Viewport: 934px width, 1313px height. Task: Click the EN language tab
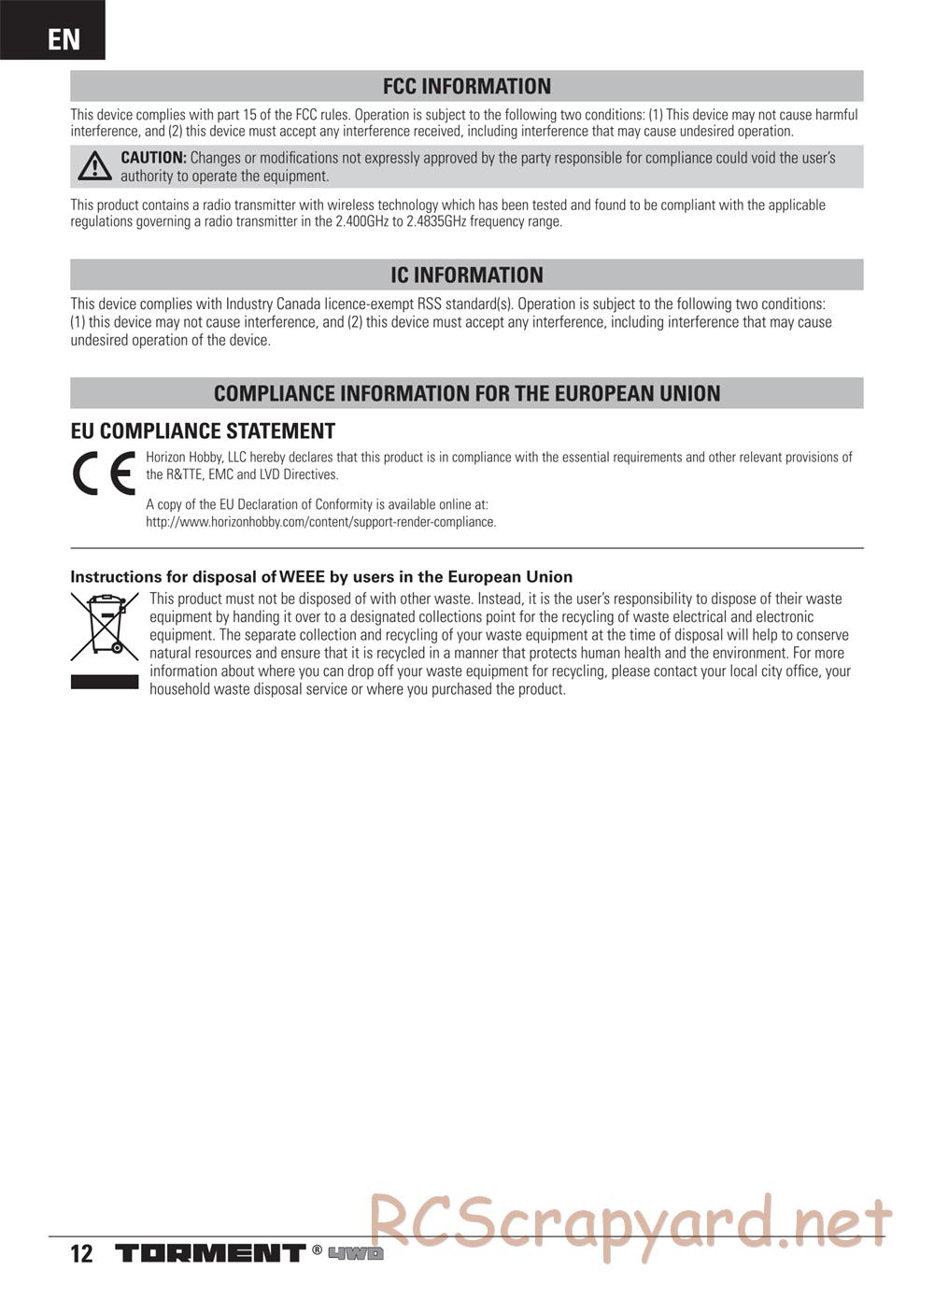pos(63,38)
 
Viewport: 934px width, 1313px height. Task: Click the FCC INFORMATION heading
pos(466,87)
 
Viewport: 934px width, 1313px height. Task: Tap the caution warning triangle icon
pos(94,167)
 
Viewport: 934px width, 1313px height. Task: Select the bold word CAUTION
pos(153,159)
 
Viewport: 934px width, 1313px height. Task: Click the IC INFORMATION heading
pos(466,275)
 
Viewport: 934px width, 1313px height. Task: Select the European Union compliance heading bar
pos(466,393)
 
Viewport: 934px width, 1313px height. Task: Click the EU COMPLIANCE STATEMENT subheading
pos(203,431)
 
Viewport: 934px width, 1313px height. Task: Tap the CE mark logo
pos(104,475)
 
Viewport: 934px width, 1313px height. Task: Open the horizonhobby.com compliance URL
pos(320,522)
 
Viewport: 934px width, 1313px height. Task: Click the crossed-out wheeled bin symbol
pos(104,626)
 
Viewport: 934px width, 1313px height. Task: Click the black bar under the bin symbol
pos(104,683)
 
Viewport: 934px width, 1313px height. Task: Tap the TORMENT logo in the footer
pos(210,1253)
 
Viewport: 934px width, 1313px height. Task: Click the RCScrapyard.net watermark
pos(630,1223)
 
